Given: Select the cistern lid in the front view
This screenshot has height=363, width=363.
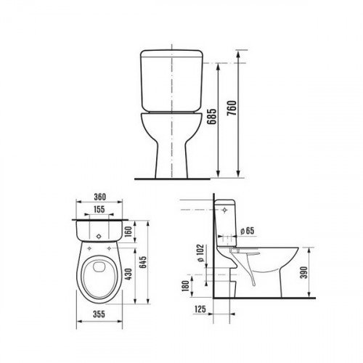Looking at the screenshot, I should click(x=171, y=57).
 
